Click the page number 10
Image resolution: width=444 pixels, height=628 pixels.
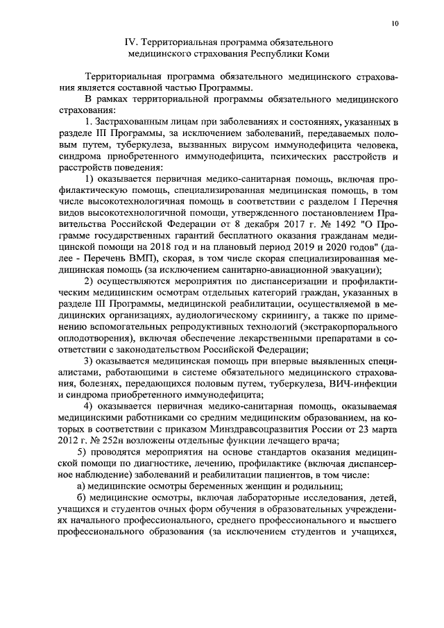click(395, 23)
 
